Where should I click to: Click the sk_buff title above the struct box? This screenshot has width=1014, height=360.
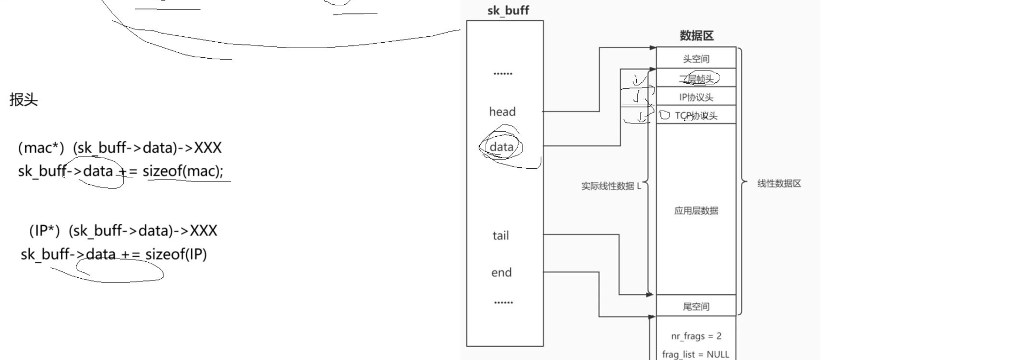click(x=508, y=11)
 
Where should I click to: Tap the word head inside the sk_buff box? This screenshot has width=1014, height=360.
click(x=502, y=112)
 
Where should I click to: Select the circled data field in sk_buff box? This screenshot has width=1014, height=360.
click(x=501, y=147)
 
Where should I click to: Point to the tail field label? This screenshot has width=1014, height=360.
click(x=501, y=236)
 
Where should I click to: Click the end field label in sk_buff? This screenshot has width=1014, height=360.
click(x=501, y=273)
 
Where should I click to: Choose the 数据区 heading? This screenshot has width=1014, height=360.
click(x=696, y=36)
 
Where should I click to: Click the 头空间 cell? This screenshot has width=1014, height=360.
click(x=696, y=59)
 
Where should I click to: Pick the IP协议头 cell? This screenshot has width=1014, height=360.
click(x=696, y=97)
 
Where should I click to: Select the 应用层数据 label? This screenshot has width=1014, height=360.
click(x=696, y=210)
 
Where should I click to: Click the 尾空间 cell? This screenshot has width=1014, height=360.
click(x=696, y=307)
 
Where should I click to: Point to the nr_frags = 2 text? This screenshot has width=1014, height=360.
click(x=696, y=336)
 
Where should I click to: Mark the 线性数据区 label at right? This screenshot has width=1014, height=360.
click(x=779, y=184)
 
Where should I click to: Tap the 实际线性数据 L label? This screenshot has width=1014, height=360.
click(x=611, y=186)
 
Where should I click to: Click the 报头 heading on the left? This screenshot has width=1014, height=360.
click(x=24, y=100)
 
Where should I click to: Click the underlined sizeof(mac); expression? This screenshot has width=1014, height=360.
click(x=183, y=171)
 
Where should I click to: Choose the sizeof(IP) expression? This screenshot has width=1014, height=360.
click(x=176, y=254)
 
